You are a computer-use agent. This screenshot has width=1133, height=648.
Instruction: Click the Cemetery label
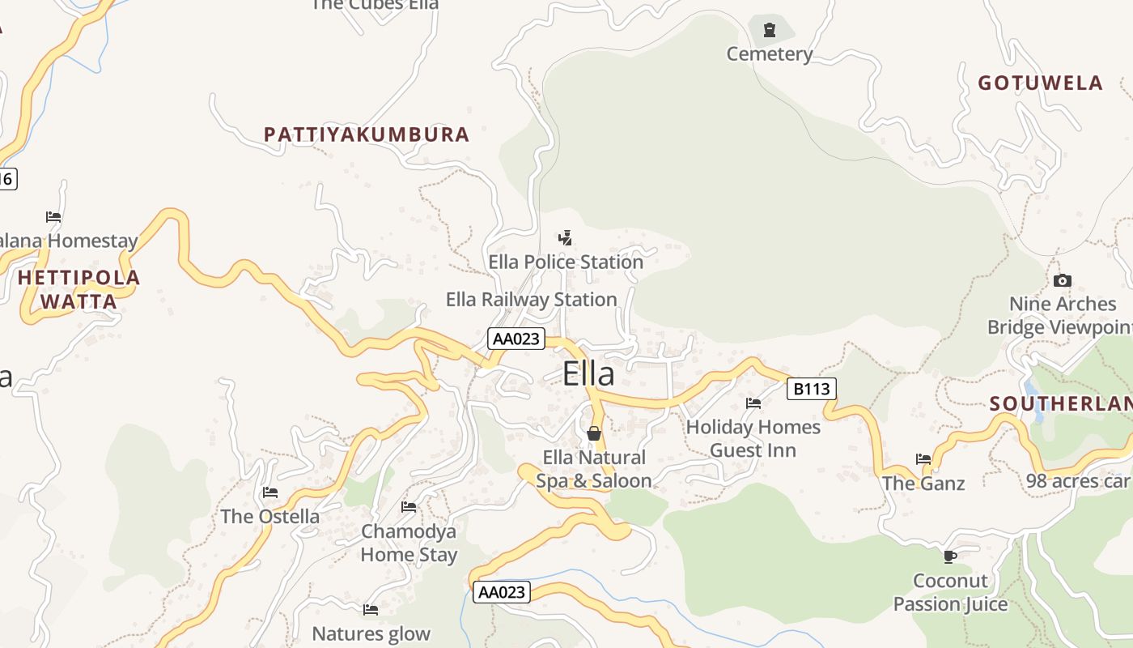769,54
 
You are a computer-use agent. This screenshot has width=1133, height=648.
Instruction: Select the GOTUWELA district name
1040,83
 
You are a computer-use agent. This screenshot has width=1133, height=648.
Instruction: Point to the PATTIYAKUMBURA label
367,134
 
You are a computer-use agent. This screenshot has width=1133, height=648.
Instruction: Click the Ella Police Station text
566,262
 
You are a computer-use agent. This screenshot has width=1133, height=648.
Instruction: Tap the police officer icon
566,238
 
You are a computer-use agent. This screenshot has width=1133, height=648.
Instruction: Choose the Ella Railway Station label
532,300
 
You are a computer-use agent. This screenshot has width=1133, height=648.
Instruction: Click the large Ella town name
588,374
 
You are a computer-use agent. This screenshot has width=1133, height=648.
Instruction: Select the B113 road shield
811,389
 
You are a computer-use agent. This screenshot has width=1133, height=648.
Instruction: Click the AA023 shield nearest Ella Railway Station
516,339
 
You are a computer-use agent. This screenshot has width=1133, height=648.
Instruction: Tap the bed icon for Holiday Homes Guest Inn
753,403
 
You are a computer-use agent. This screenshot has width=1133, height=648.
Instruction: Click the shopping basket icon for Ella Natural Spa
594,433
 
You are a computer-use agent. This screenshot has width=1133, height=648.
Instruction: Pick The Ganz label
923,484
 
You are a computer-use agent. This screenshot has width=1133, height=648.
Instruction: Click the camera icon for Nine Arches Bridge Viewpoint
1063,281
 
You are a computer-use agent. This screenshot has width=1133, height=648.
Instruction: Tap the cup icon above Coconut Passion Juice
950,556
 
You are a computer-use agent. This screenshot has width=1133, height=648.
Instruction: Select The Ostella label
270,517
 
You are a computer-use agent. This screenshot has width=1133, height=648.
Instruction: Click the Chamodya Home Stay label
409,544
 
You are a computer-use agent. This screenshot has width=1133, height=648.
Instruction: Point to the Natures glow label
371,634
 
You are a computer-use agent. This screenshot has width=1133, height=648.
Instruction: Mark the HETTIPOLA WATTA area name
79,290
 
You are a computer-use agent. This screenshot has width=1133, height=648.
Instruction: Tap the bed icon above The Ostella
270,492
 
